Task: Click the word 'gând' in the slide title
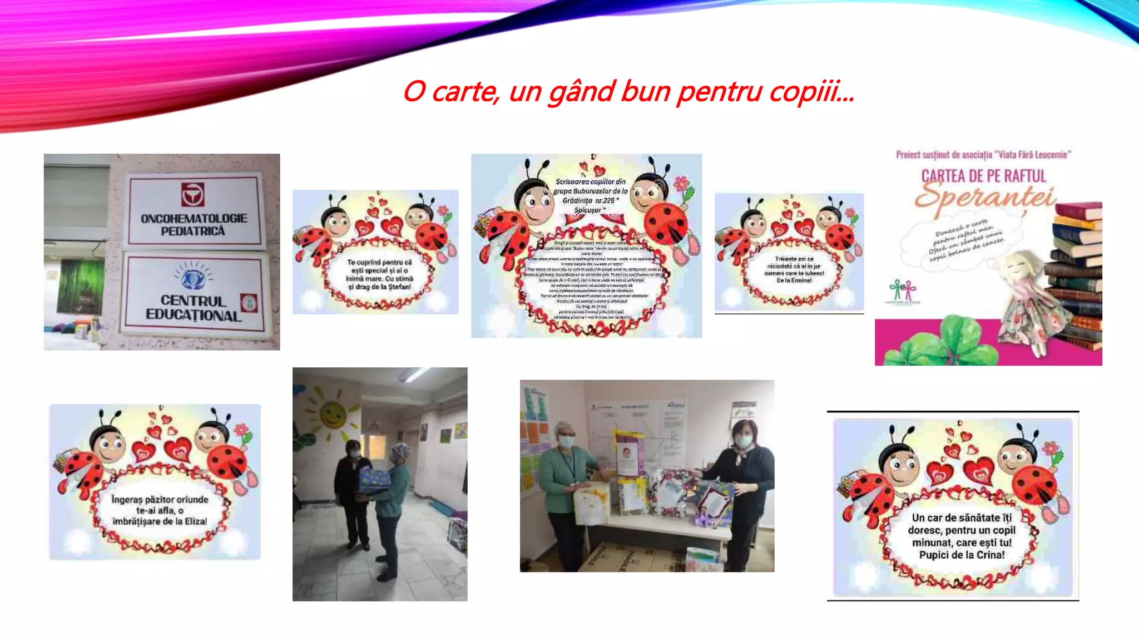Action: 582,92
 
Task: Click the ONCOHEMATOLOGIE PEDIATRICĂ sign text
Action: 194,225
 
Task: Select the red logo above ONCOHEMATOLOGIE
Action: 192,195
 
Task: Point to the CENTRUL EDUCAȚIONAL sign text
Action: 193,308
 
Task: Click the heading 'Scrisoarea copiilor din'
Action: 590,181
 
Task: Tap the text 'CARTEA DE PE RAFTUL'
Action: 983,176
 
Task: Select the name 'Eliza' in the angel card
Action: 195,521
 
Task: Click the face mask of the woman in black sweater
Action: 742,441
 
